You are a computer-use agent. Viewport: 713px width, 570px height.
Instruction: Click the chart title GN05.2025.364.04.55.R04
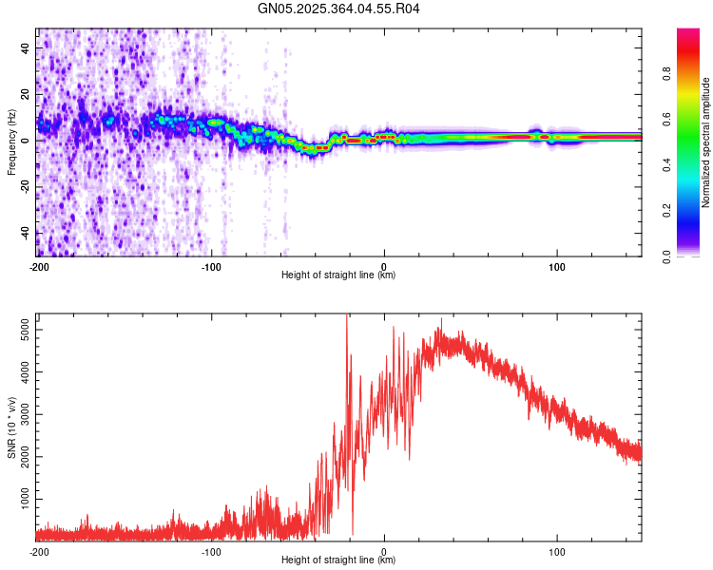[339, 9]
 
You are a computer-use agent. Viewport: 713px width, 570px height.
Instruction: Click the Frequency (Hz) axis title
[11, 142]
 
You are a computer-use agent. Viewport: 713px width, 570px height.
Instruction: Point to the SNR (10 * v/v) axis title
[11, 427]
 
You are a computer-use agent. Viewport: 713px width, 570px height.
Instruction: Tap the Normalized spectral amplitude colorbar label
[706, 142]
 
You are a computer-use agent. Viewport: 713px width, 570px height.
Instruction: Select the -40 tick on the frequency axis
[24, 233]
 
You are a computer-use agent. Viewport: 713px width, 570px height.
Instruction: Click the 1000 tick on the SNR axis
[21, 498]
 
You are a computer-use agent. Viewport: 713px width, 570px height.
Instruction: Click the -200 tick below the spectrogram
[39, 267]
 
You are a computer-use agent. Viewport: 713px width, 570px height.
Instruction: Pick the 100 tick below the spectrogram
[557, 267]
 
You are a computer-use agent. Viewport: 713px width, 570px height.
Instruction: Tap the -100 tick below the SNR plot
[211, 552]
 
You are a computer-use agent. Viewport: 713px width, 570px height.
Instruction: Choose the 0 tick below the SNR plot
[384, 552]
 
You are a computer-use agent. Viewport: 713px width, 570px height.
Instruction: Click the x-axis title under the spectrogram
[339, 275]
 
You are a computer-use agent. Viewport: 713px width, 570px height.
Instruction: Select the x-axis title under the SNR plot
[339, 560]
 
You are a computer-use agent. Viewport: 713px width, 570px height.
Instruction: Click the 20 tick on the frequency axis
[26, 94]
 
